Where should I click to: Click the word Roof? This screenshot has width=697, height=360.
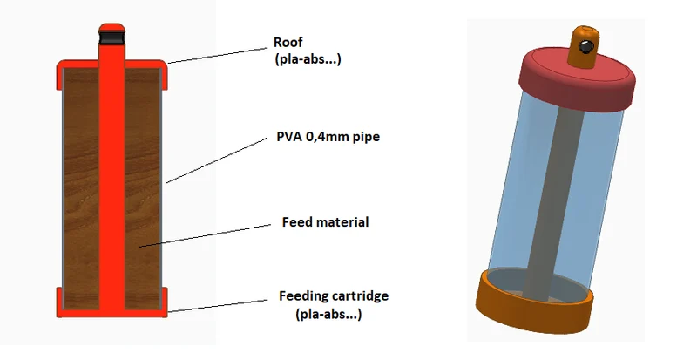[288, 42]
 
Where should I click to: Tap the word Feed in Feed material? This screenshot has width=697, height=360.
[295, 221]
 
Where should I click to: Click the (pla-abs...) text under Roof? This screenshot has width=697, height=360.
[308, 59]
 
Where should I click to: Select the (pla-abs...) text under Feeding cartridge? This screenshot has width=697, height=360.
[328, 314]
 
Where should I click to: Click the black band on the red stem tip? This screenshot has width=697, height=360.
[112, 37]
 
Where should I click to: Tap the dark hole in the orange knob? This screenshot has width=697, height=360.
[585, 46]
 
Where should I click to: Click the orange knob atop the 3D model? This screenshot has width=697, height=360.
[583, 47]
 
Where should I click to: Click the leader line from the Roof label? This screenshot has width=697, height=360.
[218, 56]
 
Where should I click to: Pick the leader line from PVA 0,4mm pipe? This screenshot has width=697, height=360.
[216, 160]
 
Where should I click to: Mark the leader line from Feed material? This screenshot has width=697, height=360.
[205, 235]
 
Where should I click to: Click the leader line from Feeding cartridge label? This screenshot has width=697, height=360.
[218, 306]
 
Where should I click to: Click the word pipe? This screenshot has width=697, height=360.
[367, 137]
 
